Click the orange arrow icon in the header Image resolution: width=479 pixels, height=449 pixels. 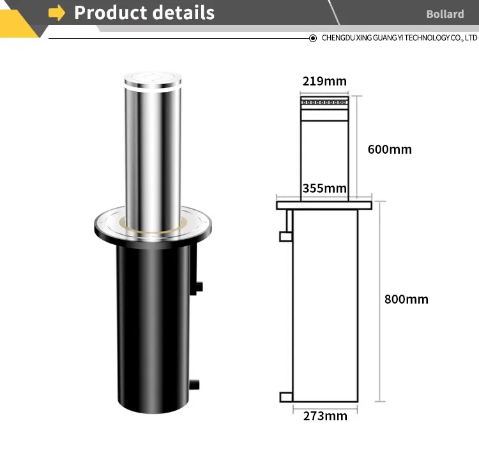[x=57, y=13]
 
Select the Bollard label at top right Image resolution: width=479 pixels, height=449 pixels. [x=445, y=14]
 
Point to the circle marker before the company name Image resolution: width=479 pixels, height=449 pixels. [x=313, y=38]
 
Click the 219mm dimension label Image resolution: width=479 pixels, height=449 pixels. [x=324, y=81]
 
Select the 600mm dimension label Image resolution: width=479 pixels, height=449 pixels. [x=390, y=150]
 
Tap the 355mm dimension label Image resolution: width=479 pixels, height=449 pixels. [x=324, y=188]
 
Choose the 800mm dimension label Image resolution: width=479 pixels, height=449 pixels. [x=406, y=299]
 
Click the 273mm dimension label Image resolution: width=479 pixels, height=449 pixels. [x=325, y=416]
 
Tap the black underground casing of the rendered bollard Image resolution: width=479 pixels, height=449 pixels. [x=153, y=319]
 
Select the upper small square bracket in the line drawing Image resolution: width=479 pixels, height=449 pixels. [x=285, y=237]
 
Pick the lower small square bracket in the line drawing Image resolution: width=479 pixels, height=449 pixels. [x=285, y=397]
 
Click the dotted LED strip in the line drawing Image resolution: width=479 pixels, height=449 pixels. [x=324, y=102]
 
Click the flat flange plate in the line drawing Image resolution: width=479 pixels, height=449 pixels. [x=324, y=205]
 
